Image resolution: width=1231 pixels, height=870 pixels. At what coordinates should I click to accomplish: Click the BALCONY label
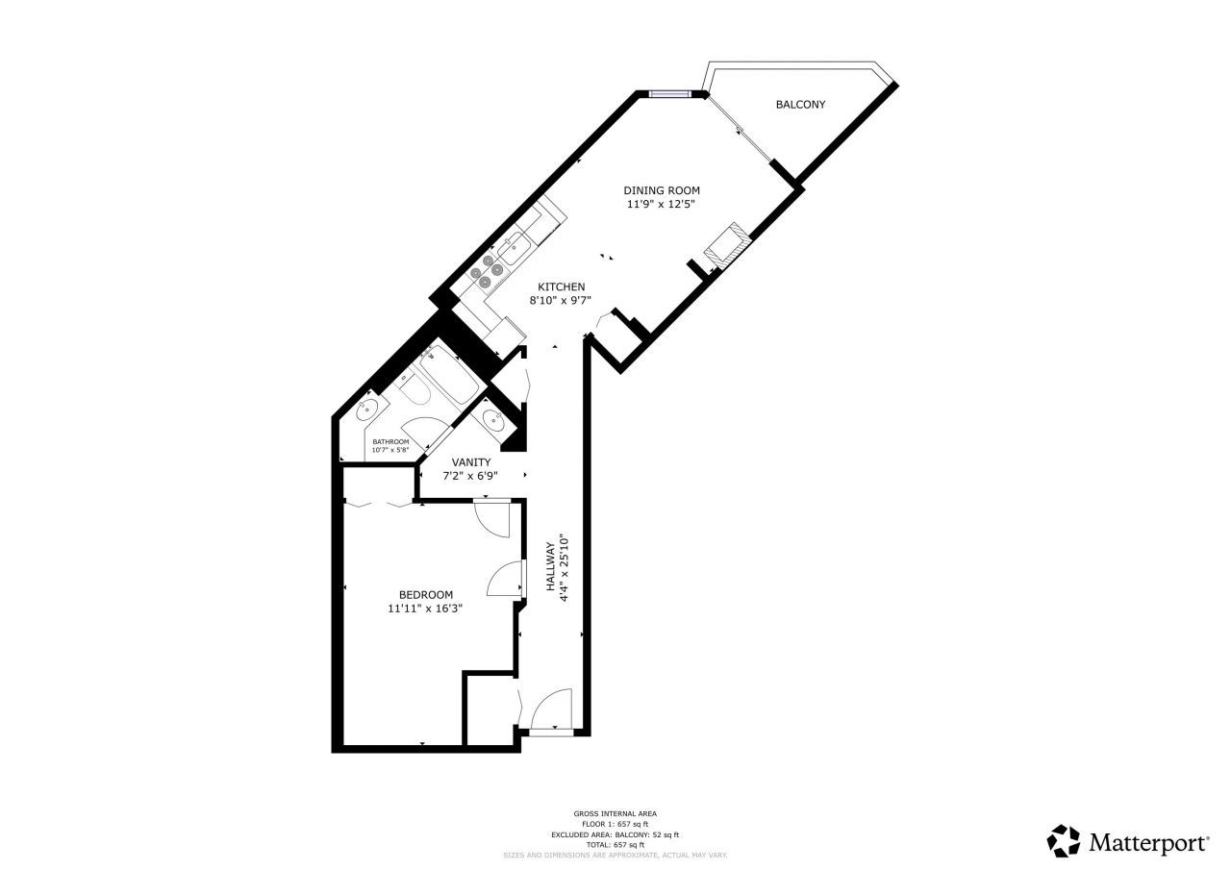coord(800,105)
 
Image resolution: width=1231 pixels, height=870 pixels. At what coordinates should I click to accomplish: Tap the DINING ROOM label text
coord(661,190)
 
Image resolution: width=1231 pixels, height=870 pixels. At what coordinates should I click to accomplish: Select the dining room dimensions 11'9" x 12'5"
coord(661,204)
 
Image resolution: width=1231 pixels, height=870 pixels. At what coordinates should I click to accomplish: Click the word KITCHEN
coord(562,287)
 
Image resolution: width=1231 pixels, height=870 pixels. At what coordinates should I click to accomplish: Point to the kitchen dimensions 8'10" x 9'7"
coord(560,301)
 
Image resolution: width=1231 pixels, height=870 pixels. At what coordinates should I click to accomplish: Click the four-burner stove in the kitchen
coord(489,269)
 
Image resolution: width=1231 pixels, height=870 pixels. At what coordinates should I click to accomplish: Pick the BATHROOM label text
coord(390,441)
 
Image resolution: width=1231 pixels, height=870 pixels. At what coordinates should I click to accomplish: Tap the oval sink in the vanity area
coord(494,419)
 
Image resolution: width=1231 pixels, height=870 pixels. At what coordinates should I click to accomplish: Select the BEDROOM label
coord(426,595)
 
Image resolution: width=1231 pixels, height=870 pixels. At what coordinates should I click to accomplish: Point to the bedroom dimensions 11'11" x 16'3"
coord(425,609)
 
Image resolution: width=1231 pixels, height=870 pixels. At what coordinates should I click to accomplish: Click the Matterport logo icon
coord(1064,841)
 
